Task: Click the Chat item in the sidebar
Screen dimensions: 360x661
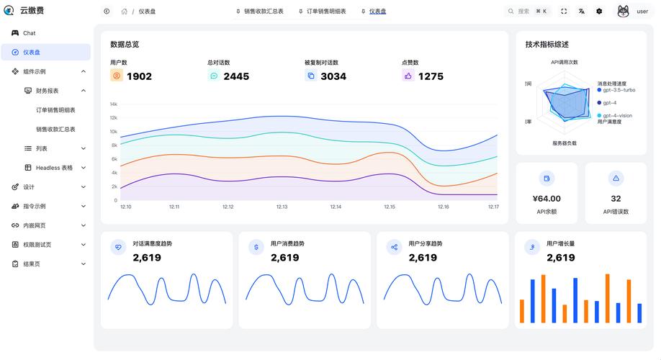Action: click(x=29, y=33)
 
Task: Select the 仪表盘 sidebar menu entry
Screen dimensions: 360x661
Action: click(x=32, y=52)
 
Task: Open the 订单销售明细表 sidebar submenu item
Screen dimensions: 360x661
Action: click(x=55, y=110)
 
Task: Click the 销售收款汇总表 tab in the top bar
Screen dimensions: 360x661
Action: click(x=264, y=12)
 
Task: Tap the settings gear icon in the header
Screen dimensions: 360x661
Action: click(x=599, y=12)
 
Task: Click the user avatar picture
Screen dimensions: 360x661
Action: click(x=624, y=12)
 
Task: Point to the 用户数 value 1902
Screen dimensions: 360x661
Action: click(x=139, y=76)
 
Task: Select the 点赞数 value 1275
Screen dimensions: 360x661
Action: click(x=431, y=76)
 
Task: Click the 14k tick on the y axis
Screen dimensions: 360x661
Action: click(x=113, y=104)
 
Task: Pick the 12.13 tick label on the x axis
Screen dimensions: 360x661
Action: click(x=282, y=207)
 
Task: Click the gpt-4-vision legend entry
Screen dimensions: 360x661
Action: click(x=617, y=115)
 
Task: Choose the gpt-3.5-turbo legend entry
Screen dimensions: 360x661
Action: click(x=619, y=90)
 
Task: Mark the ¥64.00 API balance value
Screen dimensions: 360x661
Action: click(x=547, y=199)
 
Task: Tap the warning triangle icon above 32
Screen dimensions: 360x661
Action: click(x=616, y=178)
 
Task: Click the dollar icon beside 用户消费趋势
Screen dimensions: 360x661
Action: click(x=256, y=247)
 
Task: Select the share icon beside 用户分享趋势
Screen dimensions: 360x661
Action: click(x=394, y=247)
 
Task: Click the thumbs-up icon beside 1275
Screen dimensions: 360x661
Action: click(x=408, y=76)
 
